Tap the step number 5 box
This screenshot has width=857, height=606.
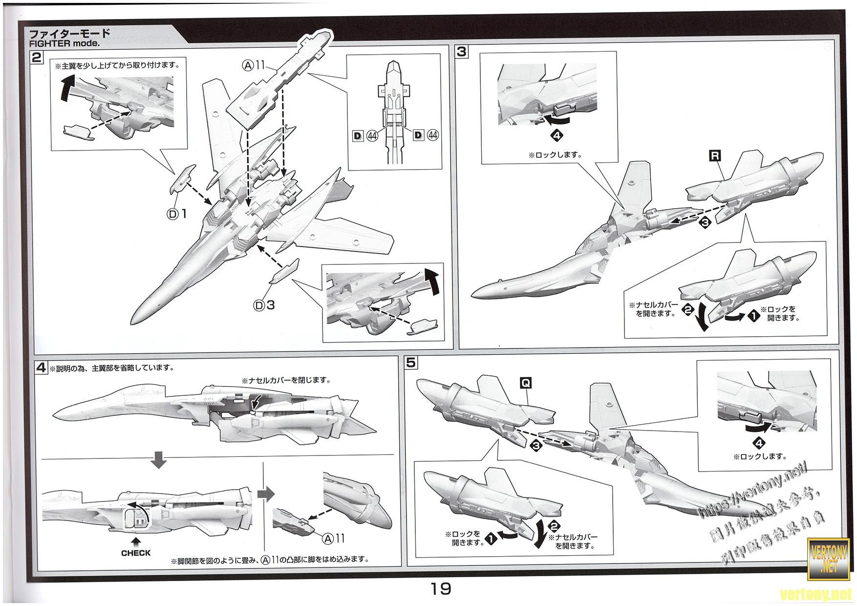(411, 363)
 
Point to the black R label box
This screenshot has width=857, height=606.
(715, 156)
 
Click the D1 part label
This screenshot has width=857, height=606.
(178, 214)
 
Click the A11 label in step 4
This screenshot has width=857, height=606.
(333, 538)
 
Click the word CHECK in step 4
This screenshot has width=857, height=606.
(136, 553)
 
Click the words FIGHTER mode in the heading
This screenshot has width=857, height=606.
(64, 43)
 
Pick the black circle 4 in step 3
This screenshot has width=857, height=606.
(556, 136)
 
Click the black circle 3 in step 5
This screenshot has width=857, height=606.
(536, 446)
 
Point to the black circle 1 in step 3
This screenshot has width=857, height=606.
(753, 317)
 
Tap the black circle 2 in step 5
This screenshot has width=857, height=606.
(554, 527)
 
